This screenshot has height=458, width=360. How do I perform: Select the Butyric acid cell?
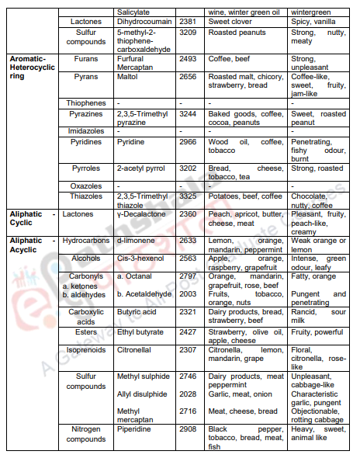tap(138, 313)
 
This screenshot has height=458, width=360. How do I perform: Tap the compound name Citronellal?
tap(135, 350)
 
